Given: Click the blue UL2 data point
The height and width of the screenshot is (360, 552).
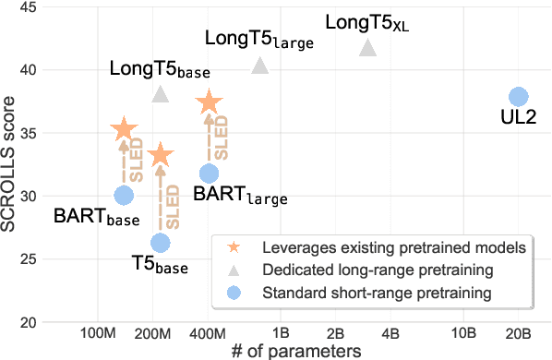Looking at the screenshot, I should tap(518, 97).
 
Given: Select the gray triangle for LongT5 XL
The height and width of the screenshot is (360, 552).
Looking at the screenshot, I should tap(368, 48).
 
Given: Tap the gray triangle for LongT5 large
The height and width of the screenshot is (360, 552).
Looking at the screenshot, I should tap(259, 66).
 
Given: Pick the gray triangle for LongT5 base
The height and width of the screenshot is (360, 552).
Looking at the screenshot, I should tap(161, 94).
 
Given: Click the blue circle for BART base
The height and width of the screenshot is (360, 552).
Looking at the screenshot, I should tap(124, 195).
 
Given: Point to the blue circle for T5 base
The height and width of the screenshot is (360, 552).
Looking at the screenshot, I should tap(161, 242).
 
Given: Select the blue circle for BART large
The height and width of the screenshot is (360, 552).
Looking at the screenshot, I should tap(210, 173).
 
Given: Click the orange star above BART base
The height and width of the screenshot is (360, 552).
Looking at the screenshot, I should tap(124, 131).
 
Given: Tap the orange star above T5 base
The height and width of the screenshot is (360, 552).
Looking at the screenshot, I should tap(161, 155).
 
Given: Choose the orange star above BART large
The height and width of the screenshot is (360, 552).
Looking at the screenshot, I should tap(210, 103).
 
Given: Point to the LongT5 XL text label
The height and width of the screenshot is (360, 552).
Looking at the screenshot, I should tap(367, 20).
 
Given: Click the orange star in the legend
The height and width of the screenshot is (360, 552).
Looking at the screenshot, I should tap(234, 248).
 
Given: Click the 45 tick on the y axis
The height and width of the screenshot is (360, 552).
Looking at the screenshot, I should tap(28, 7).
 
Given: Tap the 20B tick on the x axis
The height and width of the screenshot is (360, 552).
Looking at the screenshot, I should tap(518, 332).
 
